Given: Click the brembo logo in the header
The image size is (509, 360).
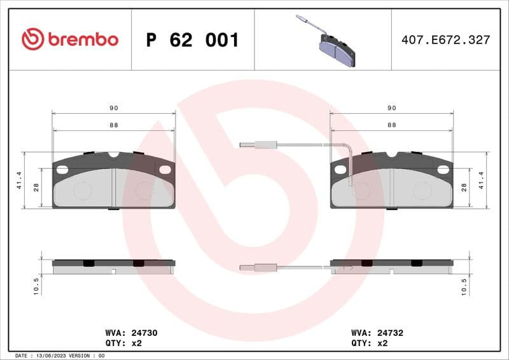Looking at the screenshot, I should [70, 39].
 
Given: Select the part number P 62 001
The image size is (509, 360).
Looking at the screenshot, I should [192, 40].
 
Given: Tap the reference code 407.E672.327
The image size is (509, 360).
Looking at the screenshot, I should [445, 40].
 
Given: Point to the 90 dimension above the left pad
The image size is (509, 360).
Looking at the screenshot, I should [113, 109].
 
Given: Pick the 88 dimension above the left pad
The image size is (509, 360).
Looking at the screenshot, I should [113, 125].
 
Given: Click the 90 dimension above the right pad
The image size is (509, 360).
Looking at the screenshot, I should [391, 109].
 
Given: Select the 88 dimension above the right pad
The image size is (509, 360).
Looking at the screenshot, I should [391, 125].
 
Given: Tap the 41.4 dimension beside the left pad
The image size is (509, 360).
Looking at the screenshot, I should [20, 180].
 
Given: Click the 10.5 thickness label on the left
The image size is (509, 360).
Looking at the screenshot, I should [36, 285].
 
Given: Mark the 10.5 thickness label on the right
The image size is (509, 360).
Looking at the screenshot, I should [464, 285].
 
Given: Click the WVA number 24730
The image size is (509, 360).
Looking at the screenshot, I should [144, 332].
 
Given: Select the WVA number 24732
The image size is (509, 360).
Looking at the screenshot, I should [391, 332].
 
